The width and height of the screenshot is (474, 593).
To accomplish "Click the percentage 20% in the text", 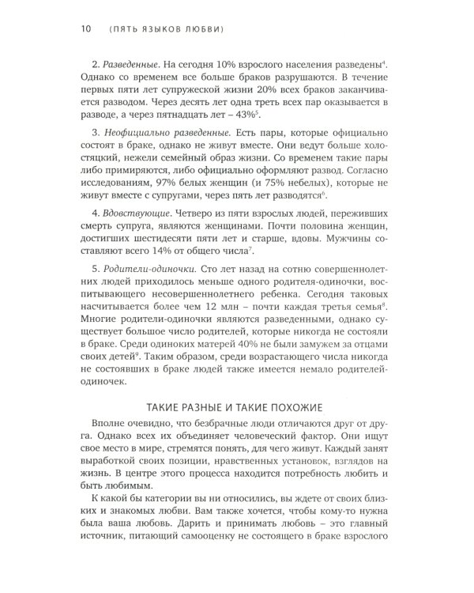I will (276, 93).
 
